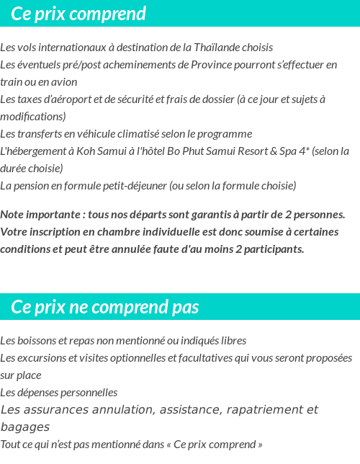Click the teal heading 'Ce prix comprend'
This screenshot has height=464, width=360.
pyautogui.click(x=78, y=14)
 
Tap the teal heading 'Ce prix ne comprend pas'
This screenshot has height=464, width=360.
pyautogui.click(x=104, y=307)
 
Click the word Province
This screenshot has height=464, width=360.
pyautogui.click(x=214, y=65)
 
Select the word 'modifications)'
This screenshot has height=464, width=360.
pyautogui.click(x=33, y=117)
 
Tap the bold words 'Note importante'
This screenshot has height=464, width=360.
pyautogui.click(x=39, y=215)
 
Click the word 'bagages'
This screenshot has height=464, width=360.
pyautogui.click(x=25, y=427)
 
